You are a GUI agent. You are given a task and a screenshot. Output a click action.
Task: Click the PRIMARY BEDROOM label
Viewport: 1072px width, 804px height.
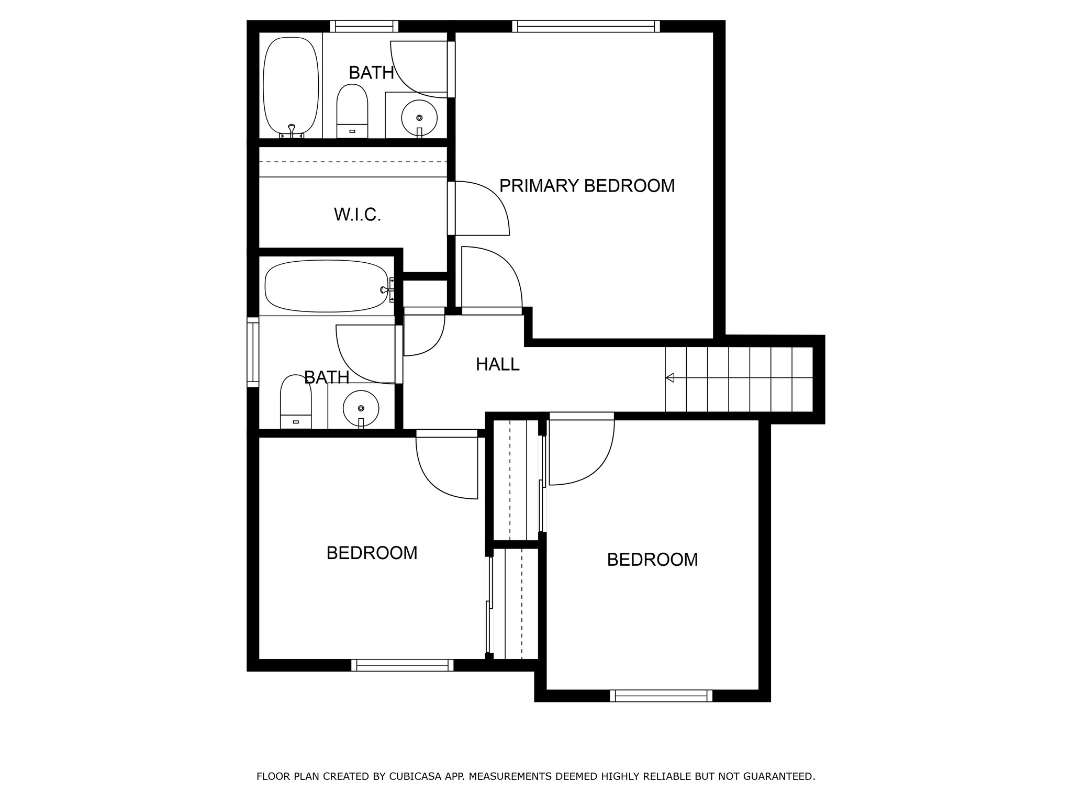click(587, 186)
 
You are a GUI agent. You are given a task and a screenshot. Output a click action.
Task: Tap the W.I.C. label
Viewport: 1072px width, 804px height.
click(358, 215)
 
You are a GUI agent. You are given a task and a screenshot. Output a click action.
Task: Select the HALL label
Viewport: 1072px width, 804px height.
click(497, 364)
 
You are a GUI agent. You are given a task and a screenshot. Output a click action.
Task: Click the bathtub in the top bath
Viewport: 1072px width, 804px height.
click(291, 86)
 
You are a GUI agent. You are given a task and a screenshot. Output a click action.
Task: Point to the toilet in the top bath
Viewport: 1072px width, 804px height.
click(352, 111)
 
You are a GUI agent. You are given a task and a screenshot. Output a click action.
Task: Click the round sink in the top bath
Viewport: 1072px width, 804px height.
click(419, 118)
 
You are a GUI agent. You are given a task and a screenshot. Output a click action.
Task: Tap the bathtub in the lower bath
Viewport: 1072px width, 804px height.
click(327, 286)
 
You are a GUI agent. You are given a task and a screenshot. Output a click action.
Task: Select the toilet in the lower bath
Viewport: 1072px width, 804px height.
click(296, 402)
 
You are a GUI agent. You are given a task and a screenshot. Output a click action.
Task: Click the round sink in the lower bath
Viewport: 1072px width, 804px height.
click(361, 408)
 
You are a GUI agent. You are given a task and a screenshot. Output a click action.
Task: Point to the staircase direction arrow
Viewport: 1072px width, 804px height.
click(670, 378)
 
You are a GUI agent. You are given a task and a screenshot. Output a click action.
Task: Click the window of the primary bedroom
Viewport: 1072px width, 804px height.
click(586, 26)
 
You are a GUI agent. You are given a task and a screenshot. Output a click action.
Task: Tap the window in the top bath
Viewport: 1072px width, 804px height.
click(364, 26)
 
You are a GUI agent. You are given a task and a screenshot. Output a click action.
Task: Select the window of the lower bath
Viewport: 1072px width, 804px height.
click(253, 352)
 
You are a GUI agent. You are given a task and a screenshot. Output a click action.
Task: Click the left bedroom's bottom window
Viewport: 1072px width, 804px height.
click(402, 665)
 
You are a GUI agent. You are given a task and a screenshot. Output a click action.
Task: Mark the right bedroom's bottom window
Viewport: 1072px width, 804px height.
click(661, 696)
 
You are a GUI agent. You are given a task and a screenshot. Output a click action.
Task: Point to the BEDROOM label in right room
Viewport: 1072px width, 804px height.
click(652, 560)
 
